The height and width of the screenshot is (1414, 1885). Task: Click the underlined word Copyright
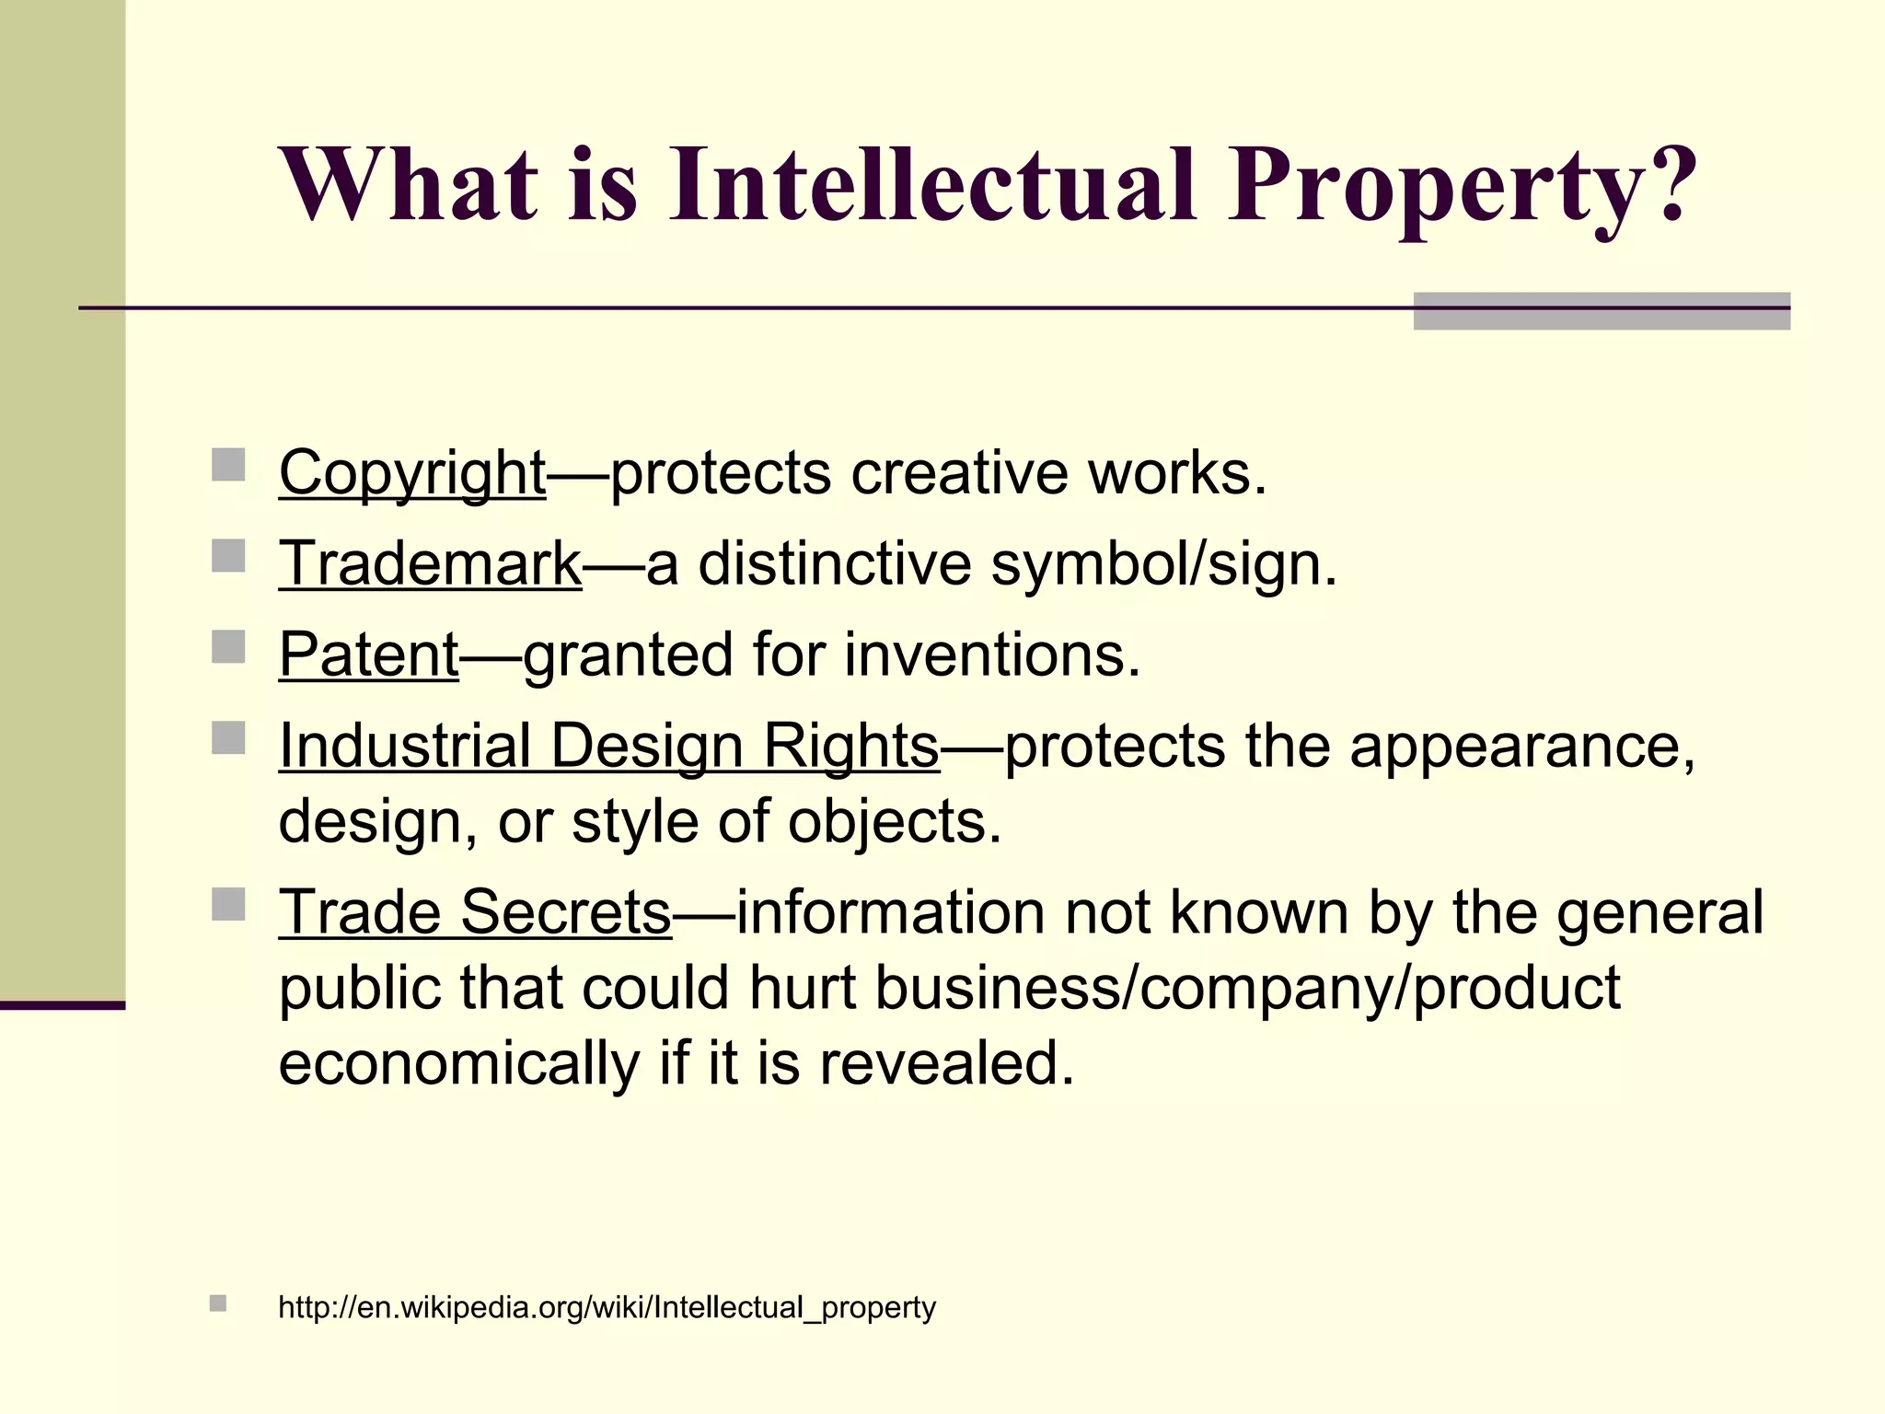pos(412,473)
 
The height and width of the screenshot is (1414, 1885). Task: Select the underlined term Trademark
pos(430,563)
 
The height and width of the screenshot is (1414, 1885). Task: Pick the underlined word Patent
pos(368,655)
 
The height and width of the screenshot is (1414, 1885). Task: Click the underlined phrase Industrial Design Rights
pos(608,745)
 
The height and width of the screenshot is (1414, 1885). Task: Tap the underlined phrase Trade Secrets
pos(475,912)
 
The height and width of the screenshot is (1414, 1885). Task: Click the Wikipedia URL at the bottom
pos(607,1307)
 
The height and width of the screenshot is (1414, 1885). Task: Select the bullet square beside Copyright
pos(228,465)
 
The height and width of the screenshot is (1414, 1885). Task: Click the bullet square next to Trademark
pos(228,556)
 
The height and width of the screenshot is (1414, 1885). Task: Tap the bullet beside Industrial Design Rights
pos(228,737)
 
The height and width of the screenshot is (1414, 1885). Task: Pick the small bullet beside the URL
pos(218,1304)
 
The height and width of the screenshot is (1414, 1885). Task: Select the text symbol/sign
pos(1163,563)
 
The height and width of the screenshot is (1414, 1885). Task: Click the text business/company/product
pos(1246,988)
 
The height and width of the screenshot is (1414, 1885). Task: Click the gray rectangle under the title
pos(1602,312)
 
